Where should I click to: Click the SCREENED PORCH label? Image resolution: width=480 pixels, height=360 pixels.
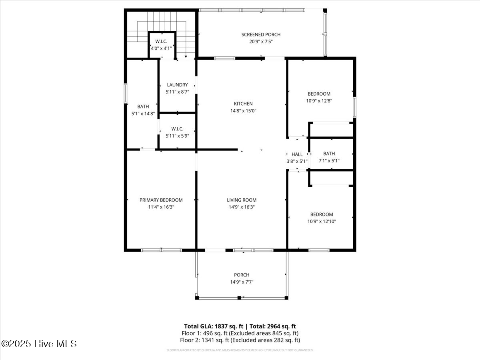[x=261, y=34]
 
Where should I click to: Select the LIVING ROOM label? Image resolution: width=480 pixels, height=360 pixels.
[x=242, y=200]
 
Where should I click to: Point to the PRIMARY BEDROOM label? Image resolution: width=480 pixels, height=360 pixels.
[x=161, y=200]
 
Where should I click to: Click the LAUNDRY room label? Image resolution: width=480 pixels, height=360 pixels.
[x=177, y=85]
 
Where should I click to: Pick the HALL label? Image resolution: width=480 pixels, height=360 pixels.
[x=297, y=154]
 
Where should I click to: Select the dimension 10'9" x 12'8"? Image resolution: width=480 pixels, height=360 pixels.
[x=319, y=101]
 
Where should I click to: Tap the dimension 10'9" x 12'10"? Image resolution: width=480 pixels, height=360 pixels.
[x=322, y=221]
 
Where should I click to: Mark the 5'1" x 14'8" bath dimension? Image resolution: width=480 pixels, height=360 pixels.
[x=143, y=114]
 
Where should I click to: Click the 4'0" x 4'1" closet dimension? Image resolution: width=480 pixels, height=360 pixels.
[x=161, y=48]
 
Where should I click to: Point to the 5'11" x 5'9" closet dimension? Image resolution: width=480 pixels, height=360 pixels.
[x=177, y=136]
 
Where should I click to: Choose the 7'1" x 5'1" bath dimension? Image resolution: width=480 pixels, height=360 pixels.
[x=329, y=161]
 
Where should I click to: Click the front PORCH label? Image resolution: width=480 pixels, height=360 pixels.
[x=242, y=275]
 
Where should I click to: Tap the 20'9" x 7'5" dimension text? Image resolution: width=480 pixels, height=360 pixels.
[x=261, y=41]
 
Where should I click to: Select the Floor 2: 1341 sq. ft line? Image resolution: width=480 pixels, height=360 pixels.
[x=240, y=340]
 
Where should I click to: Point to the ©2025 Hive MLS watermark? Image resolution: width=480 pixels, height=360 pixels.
[x=39, y=344]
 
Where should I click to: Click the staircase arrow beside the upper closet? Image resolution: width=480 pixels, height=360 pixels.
[x=185, y=56]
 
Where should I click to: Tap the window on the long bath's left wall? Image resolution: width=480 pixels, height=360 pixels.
[x=125, y=93]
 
